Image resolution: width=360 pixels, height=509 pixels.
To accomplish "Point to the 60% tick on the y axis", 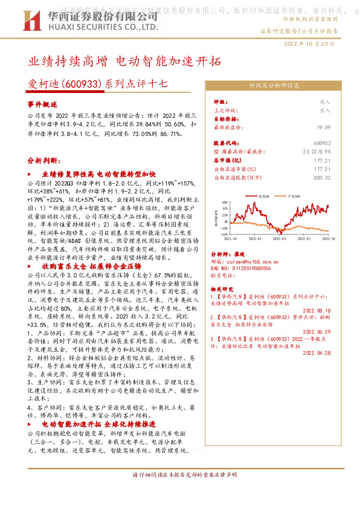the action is pos(223,203).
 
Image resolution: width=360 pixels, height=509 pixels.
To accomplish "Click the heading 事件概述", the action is pos(43,105).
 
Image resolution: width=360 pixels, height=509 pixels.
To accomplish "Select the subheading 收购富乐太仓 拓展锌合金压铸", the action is pos(91,266).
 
